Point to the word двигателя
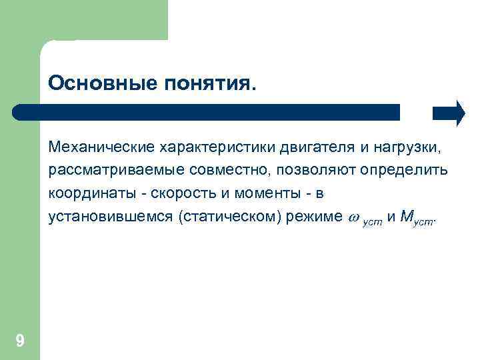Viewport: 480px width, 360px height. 305,145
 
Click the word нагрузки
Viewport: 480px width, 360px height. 404,145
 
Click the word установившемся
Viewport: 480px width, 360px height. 111,217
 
